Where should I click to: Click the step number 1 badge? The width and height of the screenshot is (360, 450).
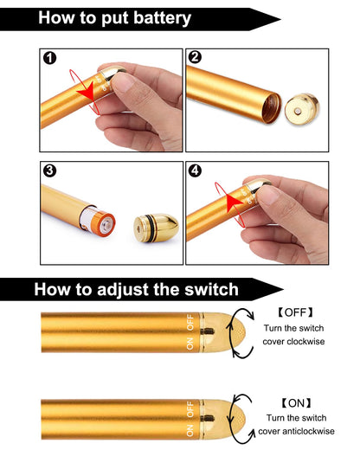pos(51,59)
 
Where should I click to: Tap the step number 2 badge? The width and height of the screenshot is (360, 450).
pos(195,59)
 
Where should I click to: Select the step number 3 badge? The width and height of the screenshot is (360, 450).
pos(51,170)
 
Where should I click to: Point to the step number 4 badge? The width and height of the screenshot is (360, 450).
pos(195,170)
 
